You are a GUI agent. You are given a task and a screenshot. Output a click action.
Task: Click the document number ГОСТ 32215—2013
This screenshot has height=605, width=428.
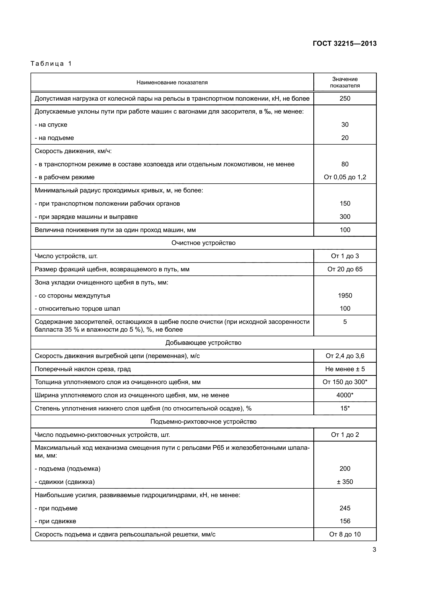point(344,43)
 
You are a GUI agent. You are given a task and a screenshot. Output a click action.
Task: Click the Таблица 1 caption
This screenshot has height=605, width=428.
point(51,64)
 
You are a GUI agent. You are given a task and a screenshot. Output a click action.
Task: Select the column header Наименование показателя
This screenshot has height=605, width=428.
point(172,83)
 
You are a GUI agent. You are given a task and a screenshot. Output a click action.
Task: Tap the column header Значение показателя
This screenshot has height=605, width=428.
point(345,82)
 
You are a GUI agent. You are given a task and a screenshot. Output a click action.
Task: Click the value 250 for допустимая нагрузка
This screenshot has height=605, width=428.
point(345,99)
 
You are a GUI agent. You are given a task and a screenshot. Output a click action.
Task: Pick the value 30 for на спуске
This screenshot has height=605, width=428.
point(345,125)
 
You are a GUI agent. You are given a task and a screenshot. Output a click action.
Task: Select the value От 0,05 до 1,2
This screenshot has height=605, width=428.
point(345,177)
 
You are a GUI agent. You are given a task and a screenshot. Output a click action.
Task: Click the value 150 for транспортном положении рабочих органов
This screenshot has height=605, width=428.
point(345,203)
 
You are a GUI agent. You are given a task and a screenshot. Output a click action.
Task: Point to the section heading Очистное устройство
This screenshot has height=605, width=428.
point(203,243)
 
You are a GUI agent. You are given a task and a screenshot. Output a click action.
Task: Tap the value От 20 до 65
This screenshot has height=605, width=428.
point(345,269)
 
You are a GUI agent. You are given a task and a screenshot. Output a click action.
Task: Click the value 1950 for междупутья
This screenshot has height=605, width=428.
point(345,295)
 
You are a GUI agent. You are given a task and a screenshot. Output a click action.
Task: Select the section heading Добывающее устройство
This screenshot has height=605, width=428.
point(203,342)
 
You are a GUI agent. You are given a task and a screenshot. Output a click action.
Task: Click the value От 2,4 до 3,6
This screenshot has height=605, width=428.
point(345,356)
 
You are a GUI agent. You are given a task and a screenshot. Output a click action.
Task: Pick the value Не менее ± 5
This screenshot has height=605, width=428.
point(345,369)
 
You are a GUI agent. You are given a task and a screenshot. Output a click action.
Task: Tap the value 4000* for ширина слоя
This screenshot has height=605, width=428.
point(345,395)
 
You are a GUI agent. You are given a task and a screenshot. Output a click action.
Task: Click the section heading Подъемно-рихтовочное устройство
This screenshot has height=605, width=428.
point(203,421)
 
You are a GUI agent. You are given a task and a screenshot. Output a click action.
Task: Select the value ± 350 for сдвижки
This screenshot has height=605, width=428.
point(345,482)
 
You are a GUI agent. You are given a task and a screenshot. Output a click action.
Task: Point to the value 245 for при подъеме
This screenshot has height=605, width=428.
point(345,508)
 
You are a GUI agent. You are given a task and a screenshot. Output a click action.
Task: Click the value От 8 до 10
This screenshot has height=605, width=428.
point(345,534)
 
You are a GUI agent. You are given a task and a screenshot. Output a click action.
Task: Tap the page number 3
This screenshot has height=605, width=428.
point(374,550)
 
